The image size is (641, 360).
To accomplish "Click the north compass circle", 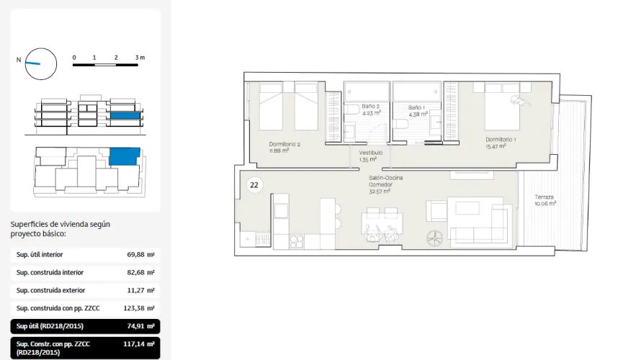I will tap(41, 63).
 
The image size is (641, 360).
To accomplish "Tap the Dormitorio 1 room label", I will tap(500, 143).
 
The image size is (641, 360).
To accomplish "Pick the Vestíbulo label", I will tap(370, 156).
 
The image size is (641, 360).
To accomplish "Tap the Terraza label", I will tap(545, 200).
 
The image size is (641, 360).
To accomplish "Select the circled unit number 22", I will tap(254, 185).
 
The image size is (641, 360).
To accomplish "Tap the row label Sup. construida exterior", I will tap(51, 290).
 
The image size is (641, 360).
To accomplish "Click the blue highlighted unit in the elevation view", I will tap(124, 115).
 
